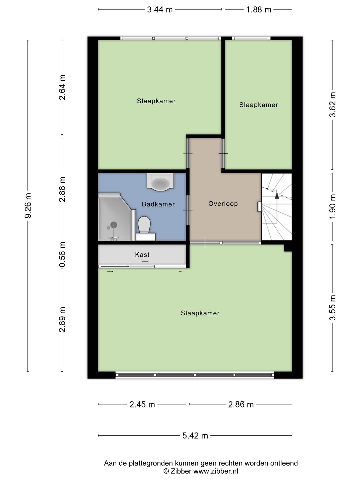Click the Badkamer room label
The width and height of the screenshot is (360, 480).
click(x=158, y=204)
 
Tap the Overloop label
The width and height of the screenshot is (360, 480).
click(x=223, y=204)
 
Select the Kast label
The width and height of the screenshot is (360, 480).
click(x=142, y=255)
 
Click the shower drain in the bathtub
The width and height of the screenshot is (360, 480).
click(x=114, y=225)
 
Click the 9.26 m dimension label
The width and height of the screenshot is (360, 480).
click(x=28, y=206)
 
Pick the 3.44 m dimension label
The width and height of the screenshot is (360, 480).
click(x=160, y=10)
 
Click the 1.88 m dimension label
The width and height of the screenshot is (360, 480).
click(x=259, y=10)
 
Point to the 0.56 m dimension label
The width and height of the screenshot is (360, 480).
click(x=62, y=254)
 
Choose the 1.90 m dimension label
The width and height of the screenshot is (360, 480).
click(x=332, y=207)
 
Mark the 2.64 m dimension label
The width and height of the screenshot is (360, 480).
click(x=62, y=87)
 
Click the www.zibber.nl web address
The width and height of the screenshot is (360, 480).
click(x=216, y=471)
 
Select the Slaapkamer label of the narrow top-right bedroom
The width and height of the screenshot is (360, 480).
click(x=258, y=105)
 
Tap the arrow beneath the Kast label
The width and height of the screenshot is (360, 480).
click(x=145, y=261)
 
